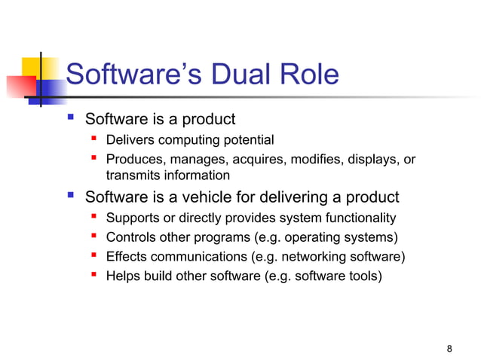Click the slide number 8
coord(449,348)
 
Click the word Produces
coord(133,159)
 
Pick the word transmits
coord(131,175)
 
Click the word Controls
coord(130,238)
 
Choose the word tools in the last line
coord(364,276)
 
